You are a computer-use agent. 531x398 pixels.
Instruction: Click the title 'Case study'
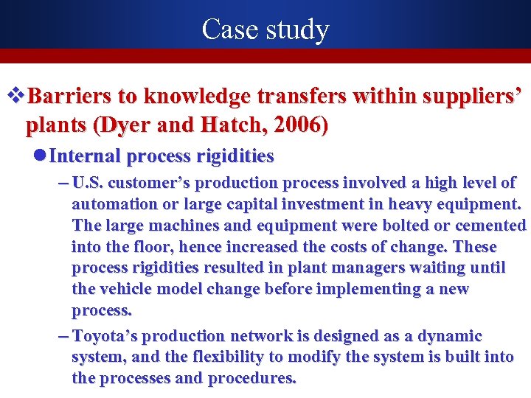click(265, 29)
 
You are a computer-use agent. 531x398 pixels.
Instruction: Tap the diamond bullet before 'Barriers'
click(14, 96)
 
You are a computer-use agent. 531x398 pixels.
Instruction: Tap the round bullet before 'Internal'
click(42, 156)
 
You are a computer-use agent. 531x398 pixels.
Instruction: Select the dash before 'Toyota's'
click(63, 336)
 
